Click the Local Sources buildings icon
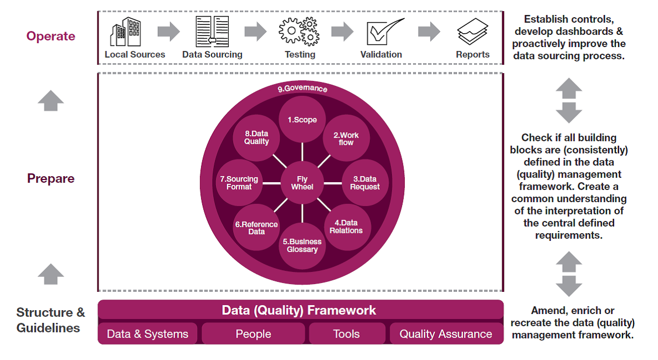[x=126, y=32]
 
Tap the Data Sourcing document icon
[x=212, y=32]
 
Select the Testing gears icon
[x=299, y=32]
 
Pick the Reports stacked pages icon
[x=472, y=32]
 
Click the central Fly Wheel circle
[x=302, y=183]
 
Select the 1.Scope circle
[x=302, y=120]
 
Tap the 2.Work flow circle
[x=346, y=138]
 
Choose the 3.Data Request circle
[x=365, y=183]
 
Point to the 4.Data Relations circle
[x=346, y=227]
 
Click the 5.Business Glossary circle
[x=302, y=245]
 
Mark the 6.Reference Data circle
[x=256, y=228]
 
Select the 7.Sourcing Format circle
[x=239, y=183]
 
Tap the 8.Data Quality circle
[x=256, y=138]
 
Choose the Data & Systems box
[x=147, y=334]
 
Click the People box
[x=253, y=334]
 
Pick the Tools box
[x=347, y=334]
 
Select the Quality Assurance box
[x=446, y=334]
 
